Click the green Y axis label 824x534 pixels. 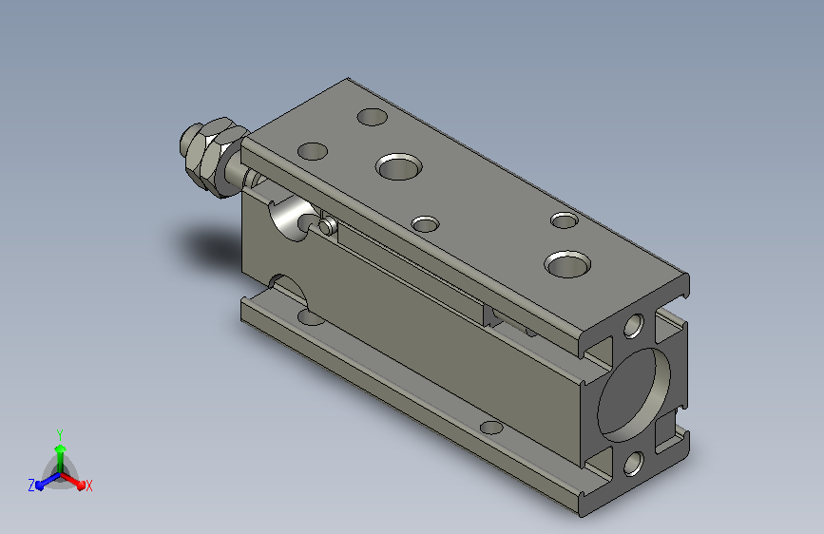click(x=59, y=435)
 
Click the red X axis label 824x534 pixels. click(x=88, y=486)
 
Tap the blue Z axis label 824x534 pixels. click(x=31, y=486)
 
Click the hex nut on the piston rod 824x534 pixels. click(x=217, y=157)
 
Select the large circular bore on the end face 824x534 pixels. click(x=633, y=394)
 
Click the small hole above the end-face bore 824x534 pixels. click(x=634, y=326)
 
